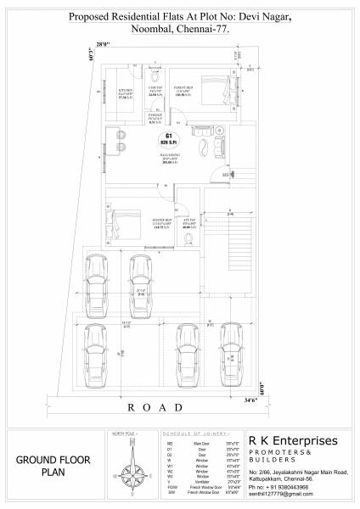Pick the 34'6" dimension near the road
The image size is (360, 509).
pyautogui.click(x=250, y=398)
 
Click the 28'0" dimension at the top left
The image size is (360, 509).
pyautogui.click(x=103, y=43)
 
